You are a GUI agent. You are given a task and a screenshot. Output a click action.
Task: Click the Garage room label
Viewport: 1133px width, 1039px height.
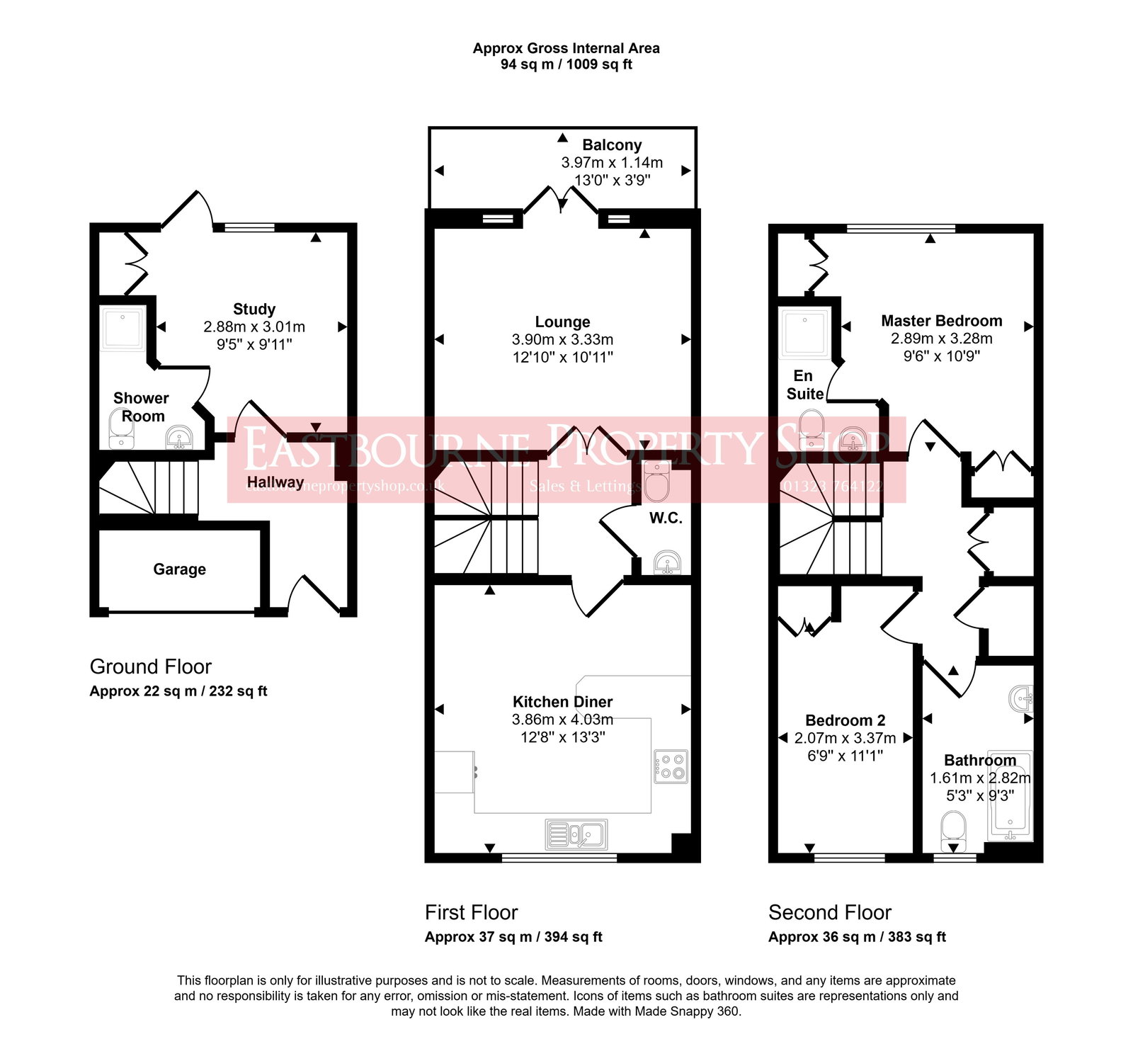179,569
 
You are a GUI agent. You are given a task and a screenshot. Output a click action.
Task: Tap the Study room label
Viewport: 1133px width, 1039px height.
254,309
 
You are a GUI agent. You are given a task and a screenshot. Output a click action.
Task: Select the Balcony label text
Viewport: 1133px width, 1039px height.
612,145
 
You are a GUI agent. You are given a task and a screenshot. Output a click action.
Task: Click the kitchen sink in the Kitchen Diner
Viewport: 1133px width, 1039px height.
576,834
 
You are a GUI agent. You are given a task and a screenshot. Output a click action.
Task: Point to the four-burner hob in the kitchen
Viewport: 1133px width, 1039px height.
671,766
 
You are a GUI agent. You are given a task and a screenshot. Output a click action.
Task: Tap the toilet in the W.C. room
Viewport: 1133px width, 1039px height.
656,482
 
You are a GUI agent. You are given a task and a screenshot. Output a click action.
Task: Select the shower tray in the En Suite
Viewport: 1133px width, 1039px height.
805,332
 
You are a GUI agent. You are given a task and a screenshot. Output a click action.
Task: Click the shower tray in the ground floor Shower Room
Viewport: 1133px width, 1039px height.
123,328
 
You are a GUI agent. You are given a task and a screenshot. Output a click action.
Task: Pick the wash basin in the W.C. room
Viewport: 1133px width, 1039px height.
667,563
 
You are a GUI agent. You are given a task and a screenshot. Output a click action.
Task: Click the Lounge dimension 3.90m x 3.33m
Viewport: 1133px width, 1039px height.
562,339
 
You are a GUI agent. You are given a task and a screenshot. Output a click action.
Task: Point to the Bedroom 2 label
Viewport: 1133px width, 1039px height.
845,720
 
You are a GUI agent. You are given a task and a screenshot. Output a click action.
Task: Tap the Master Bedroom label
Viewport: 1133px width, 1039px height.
941,321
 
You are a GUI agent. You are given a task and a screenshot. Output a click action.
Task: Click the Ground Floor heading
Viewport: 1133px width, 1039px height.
150,666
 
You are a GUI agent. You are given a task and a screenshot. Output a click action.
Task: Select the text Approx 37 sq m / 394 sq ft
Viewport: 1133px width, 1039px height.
513,937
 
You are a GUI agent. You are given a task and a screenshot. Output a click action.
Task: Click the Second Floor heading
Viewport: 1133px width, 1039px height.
829,912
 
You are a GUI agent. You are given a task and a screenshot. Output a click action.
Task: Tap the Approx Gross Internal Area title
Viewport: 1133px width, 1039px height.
566,48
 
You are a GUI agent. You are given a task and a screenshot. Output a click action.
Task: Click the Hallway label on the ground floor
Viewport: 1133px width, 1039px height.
275,482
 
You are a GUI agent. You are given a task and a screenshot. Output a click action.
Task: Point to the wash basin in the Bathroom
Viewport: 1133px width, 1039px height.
1021,698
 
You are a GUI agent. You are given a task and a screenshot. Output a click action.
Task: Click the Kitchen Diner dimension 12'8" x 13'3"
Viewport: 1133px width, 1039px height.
562,737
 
